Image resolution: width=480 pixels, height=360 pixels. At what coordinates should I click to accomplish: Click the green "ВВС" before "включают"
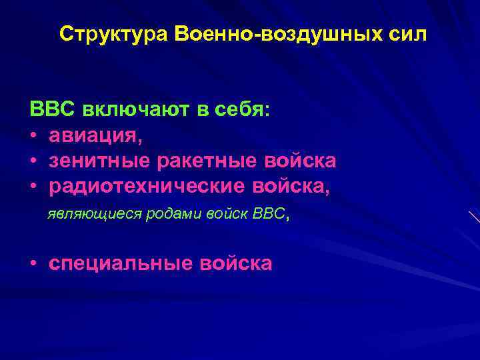click(53, 109)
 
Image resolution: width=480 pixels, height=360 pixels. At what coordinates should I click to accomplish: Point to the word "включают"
click(135, 109)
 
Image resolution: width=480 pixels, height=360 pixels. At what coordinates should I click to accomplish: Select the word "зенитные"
click(101, 161)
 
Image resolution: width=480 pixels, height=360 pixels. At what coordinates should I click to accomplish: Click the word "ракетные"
click(209, 161)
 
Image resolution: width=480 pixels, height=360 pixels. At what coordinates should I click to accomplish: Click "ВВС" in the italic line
click(268, 215)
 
